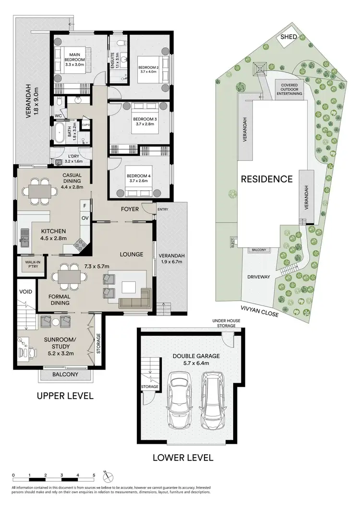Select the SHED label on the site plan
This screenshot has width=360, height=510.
click(292, 37)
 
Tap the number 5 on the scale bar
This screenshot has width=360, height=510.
click(94, 475)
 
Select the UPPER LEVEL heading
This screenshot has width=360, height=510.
click(63, 396)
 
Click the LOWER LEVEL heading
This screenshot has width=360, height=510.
click(182, 457)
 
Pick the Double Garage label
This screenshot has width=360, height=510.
click(191, 356)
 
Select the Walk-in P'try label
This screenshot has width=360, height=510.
click(26, 265)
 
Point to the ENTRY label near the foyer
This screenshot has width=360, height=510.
click(162, 209)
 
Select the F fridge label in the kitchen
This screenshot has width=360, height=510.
click(85, 206)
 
